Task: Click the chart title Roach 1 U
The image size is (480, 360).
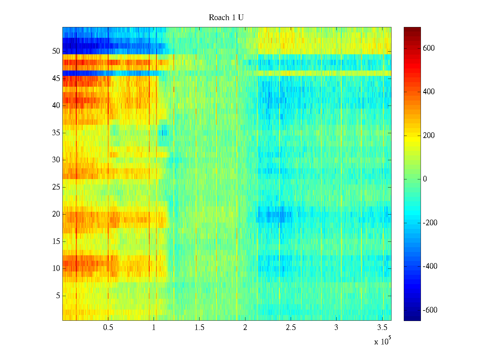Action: (x=226, y=18)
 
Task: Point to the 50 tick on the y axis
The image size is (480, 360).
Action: (x=56, y=51)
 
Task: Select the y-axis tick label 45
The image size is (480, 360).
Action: (x=56, y=79)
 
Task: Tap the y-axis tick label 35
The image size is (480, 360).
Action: (x=56, y=133)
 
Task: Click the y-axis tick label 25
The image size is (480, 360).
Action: (x=56, y=187)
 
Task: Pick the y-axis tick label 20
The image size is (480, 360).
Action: (x=56, y=214)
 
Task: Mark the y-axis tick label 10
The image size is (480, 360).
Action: (x=56, y=268)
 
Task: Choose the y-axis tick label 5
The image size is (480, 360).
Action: (x=58, y=296)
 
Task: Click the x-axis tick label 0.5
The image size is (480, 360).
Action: (x=108, y=328)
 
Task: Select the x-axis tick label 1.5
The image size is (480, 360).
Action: (x=199, y=328)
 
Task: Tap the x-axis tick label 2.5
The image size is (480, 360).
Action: (x=291, y=328)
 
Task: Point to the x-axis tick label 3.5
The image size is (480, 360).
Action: (x=382, y=328)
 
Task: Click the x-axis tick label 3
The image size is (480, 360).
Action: (x=336, y=328)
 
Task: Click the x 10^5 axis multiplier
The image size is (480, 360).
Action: (x=382, y=341)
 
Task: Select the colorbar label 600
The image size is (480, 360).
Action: (x=429, y=48)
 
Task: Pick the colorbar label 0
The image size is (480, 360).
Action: (x=425, y=179)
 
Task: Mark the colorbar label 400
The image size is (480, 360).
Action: (x=429, y=92)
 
